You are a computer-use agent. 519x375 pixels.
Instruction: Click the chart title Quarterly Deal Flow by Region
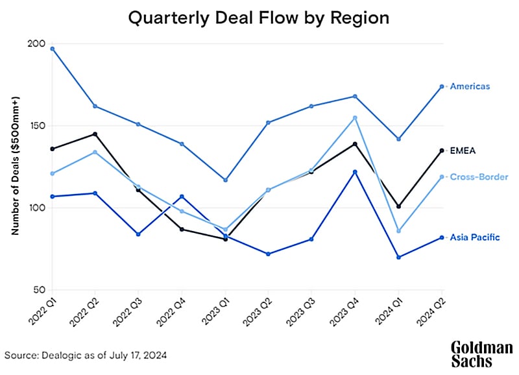tap(259, 18)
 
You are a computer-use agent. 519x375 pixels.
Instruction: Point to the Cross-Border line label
tap(479, 176)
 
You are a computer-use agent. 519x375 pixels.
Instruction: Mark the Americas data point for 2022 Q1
tap(52, 49)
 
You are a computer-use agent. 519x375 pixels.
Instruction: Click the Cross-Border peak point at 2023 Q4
tap(355, 118)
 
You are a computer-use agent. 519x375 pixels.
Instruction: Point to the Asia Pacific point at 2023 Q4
tap(355, 172)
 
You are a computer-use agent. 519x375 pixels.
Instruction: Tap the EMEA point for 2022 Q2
tap(95, 134)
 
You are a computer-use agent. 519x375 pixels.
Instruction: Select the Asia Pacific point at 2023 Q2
tap(268, 254)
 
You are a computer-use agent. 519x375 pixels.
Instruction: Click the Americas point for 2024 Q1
tap(398, 139)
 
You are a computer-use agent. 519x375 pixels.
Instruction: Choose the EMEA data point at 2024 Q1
tap(398, 206)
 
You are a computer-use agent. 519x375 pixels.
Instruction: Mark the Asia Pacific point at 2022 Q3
tap(138, 234)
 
